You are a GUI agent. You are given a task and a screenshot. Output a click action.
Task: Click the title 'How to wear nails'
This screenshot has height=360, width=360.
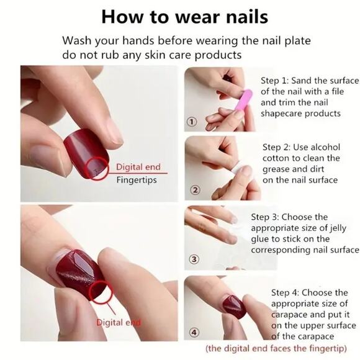pos(180,16)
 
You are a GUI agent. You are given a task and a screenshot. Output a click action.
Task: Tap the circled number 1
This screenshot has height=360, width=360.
pos(192,122)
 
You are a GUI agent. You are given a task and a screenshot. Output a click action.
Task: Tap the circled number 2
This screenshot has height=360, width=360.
pos(195,190)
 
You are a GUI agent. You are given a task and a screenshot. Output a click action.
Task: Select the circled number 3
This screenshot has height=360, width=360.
pos(194,259)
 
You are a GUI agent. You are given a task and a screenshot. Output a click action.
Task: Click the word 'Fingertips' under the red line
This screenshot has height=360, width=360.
pos(137,181)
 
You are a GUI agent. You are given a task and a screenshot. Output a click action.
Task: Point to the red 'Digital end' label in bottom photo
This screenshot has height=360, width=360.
pos(118,323)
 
